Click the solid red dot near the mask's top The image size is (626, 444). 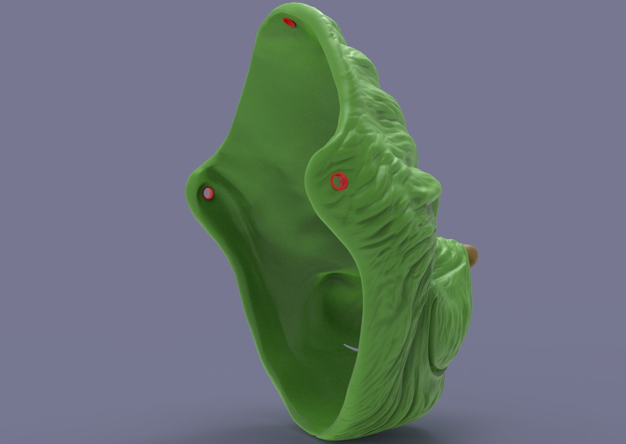[289, 22]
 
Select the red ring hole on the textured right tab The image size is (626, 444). [339, 181]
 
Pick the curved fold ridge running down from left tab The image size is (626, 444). [241, 248]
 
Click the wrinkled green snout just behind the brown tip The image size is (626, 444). [453, 251]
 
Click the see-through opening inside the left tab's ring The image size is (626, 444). [206, 194]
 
